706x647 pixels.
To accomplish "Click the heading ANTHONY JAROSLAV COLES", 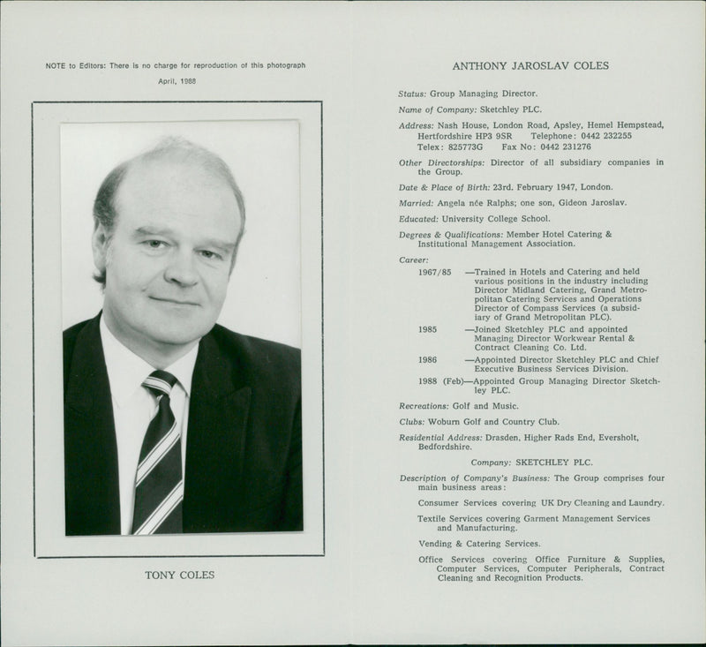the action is [x=529, y=65].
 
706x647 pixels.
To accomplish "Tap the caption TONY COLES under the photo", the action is [x=179, y=576].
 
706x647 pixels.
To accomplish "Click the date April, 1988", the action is [x=177, y=80].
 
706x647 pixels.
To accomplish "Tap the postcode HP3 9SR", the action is [x=492, y=136].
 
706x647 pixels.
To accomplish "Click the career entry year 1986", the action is [x=428, y=360].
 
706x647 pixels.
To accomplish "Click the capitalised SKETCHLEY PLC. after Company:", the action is [x=554, y=462].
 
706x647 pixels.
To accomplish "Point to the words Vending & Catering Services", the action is [x=478, y=544].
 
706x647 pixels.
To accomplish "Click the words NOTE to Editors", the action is [x=75, y=66].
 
